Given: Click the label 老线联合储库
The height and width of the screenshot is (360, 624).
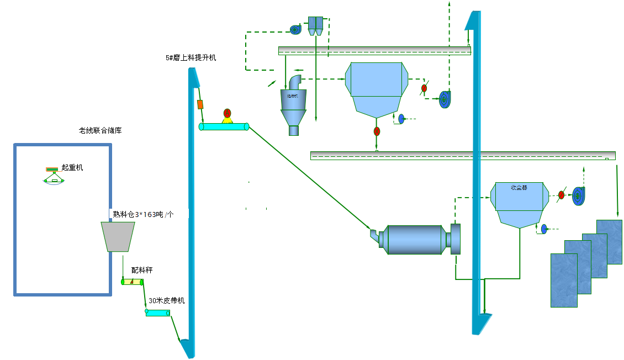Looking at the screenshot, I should click(100, 131).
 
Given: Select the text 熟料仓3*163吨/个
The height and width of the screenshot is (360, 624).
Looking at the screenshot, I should click(143, 214).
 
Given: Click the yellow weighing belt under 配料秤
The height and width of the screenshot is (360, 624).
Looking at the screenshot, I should click(132, 282).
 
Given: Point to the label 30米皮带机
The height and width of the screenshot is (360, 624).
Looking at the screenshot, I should click(166, 301).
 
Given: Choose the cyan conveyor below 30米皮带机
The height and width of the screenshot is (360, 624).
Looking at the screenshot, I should click(158, 313).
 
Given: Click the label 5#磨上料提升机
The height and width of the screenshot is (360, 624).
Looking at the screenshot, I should click(191, 57).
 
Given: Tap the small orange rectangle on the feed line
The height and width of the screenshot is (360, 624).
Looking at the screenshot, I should click(200, 104).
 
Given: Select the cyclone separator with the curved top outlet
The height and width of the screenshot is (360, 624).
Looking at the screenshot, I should click(293, 105).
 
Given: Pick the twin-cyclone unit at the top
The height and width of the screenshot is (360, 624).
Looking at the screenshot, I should click(315, 25).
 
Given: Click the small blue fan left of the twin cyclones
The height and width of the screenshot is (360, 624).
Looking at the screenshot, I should click(295, 29).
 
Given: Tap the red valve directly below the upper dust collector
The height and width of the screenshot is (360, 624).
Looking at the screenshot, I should click(377, 131).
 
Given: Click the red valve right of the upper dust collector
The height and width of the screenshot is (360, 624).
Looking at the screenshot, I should click(424, 88).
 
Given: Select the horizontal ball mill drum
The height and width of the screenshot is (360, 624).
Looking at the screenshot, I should click(415, 240).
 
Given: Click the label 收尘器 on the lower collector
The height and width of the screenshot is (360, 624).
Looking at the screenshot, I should click(519, 187).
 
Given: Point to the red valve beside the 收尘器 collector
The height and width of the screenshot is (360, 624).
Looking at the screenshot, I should click(561, 194).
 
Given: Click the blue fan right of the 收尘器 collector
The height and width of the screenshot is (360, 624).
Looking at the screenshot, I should click(578, 194).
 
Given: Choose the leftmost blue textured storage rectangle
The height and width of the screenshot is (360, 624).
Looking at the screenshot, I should click(564, 280).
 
